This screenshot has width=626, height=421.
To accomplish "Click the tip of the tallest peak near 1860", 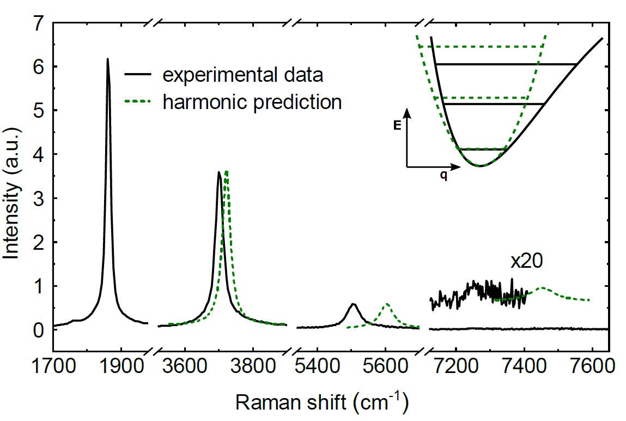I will point(107,59).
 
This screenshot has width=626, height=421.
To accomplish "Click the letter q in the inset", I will point(444,176).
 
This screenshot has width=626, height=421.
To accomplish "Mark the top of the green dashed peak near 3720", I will point(226,171).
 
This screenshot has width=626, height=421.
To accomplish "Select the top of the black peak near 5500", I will point(354,304).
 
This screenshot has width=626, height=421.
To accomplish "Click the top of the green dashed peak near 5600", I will point(387,304).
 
